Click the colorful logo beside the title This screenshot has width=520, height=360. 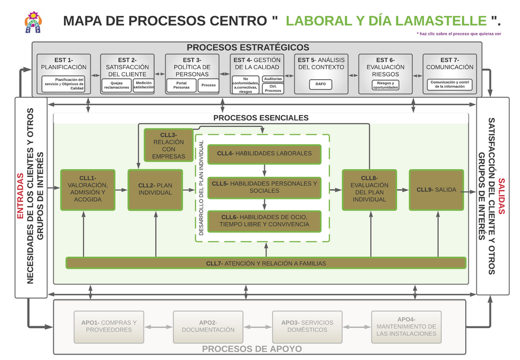coord(33,22)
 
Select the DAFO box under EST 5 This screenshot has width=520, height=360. coord(320,83)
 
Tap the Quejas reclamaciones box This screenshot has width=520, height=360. coord(117,85)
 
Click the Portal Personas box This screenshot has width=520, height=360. coord(181,85)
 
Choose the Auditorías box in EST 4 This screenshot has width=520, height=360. coord(273,79)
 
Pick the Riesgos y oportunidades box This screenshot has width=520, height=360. coord(385,85)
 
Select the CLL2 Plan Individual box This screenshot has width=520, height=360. coord(155,190)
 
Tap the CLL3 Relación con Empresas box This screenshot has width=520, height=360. coord(168,145)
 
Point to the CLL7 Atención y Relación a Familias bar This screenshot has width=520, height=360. coord(266,263)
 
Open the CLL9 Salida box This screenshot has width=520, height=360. coord(436,190)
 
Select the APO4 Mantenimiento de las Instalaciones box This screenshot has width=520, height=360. coord(406,327)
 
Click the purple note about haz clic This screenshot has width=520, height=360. coord(458,34)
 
